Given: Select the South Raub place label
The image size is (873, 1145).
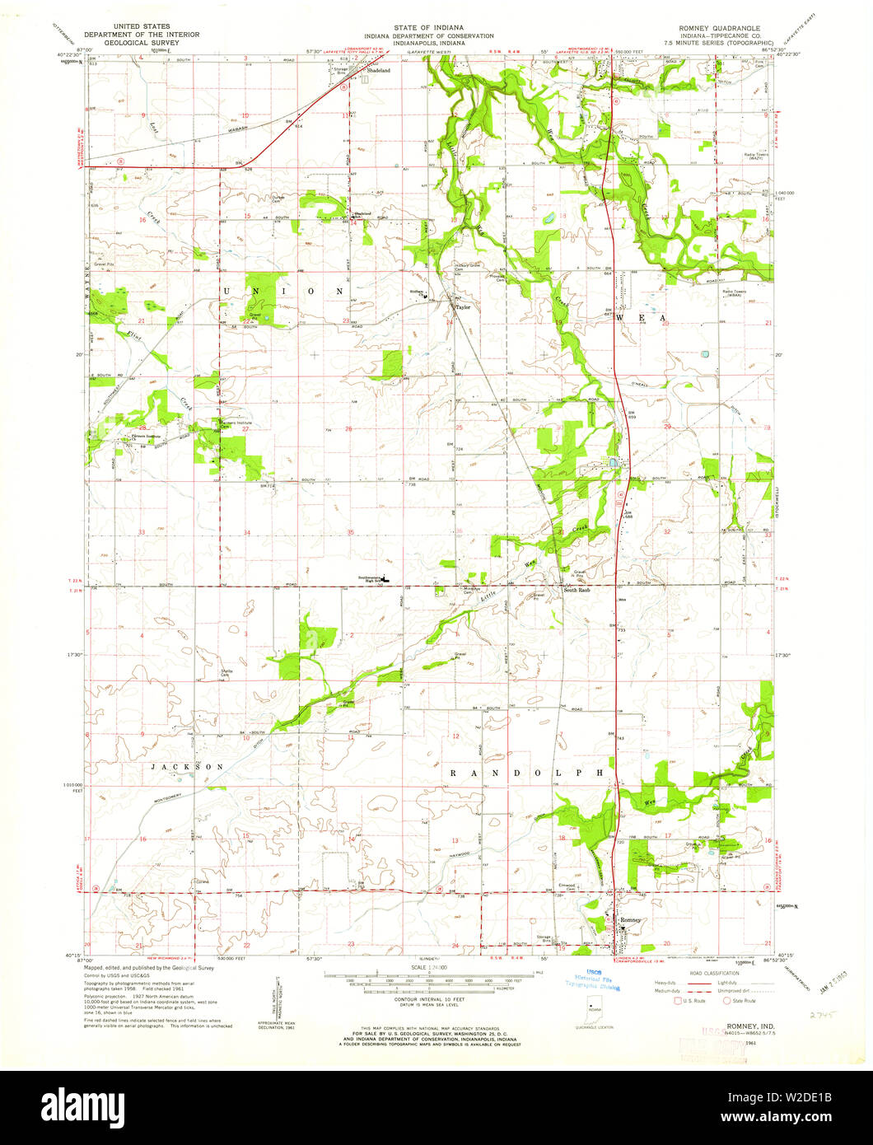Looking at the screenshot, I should coord(577,590).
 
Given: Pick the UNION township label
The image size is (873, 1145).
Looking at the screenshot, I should coord(281,292).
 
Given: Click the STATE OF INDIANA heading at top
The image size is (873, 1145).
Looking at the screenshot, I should coord(432,28).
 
